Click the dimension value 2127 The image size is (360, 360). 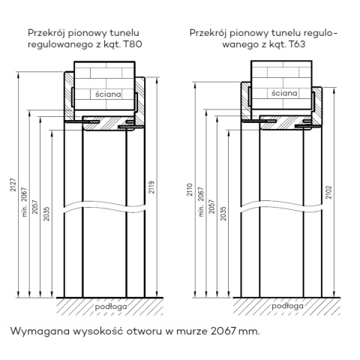click(x=13, y=185)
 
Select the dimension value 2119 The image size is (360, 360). click(x=151, y=187)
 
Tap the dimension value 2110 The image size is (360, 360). click(x=190, y=190)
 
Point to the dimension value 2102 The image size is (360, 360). click(x=329, y=192)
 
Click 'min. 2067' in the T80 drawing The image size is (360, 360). click(x=24, y=202)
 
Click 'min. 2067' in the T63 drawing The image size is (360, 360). click(x=201, y=202)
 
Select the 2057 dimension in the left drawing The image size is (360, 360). click(x=35, y=207)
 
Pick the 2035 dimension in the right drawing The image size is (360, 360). click(x=223, y=213)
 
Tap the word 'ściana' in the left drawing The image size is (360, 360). click(x=108, y=94)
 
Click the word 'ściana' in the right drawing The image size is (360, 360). click(x=284, y=93)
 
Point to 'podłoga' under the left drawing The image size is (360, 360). click(x=111, y=307)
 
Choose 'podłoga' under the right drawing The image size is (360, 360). click(x=288, y=306)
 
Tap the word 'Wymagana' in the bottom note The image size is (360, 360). click(x=40, y=331)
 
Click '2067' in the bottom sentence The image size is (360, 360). click(x=223, y=331)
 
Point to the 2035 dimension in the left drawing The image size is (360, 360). click(x=46, y=214)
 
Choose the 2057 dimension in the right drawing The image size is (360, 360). click(x=211, y=206)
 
